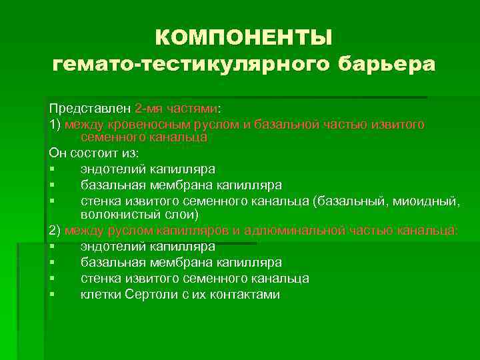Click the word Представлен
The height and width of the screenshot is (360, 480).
coord(89,108)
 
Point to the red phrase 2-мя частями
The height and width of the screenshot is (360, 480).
coord(176,108)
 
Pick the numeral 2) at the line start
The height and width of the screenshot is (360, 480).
coord(55,231)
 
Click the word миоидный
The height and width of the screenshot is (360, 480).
coord(427,200)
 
